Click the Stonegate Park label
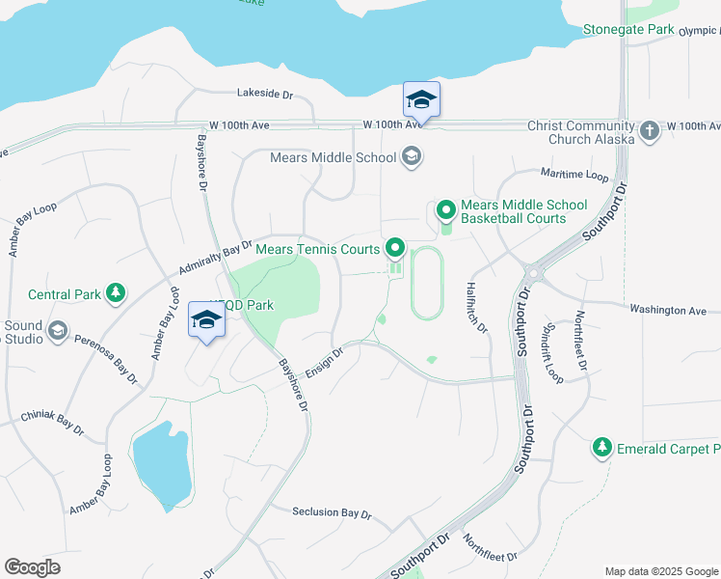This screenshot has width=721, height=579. [628, 30]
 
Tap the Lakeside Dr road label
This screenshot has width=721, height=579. [264, 94]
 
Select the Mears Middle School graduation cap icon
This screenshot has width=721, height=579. [412, 157]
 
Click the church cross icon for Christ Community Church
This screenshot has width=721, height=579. [651, 130]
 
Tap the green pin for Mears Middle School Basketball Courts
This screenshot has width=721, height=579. [446, 209]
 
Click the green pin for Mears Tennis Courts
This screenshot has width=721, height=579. [395, 250]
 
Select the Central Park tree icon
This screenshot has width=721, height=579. [116, 292]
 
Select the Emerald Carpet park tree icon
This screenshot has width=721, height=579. [602, 448]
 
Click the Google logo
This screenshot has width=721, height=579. [32, 567]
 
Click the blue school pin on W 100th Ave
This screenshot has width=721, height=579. [421, 100]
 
